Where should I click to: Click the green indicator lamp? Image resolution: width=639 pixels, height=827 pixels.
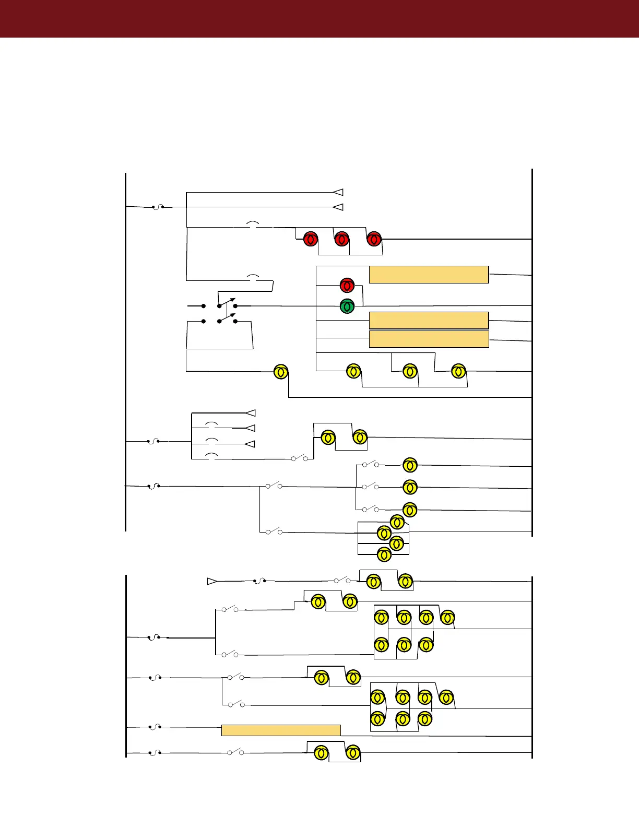point(347,306)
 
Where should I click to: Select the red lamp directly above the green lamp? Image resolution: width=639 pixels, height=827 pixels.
point(347,286)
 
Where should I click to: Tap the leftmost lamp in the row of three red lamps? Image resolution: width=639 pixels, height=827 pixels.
point(311,239)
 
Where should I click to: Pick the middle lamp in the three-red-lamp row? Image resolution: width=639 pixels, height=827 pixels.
point(341,239)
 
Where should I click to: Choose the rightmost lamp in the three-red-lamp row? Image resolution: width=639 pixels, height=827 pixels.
point(374,239)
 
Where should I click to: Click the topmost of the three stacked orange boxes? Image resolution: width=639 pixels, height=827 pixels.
point(429,275)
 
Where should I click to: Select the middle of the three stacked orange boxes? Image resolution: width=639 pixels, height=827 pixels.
point(429,320)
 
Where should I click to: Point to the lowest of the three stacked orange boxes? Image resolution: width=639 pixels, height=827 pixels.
point(429,339)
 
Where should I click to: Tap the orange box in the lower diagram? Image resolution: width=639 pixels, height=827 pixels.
point(281,730)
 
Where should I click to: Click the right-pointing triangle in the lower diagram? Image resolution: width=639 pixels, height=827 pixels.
point(212,581)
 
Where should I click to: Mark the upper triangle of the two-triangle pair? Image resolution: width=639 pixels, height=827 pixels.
point(338,192)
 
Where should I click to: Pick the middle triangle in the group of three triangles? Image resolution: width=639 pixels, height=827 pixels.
point(250,428)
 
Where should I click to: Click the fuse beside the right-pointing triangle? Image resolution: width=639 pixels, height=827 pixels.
point(259,581)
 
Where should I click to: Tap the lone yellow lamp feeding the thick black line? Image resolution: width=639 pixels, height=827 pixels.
point(281,372)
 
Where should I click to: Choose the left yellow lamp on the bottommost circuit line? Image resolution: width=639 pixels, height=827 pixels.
point(321,753)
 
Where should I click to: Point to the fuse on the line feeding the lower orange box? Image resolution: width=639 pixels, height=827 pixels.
point(155,726)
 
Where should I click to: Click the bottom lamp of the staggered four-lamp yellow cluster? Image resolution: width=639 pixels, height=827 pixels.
point(384,554)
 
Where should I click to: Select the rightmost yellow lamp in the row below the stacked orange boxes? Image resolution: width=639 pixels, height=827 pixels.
point(458,371)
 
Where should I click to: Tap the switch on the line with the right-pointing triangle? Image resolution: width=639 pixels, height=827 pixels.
point(342,580)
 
